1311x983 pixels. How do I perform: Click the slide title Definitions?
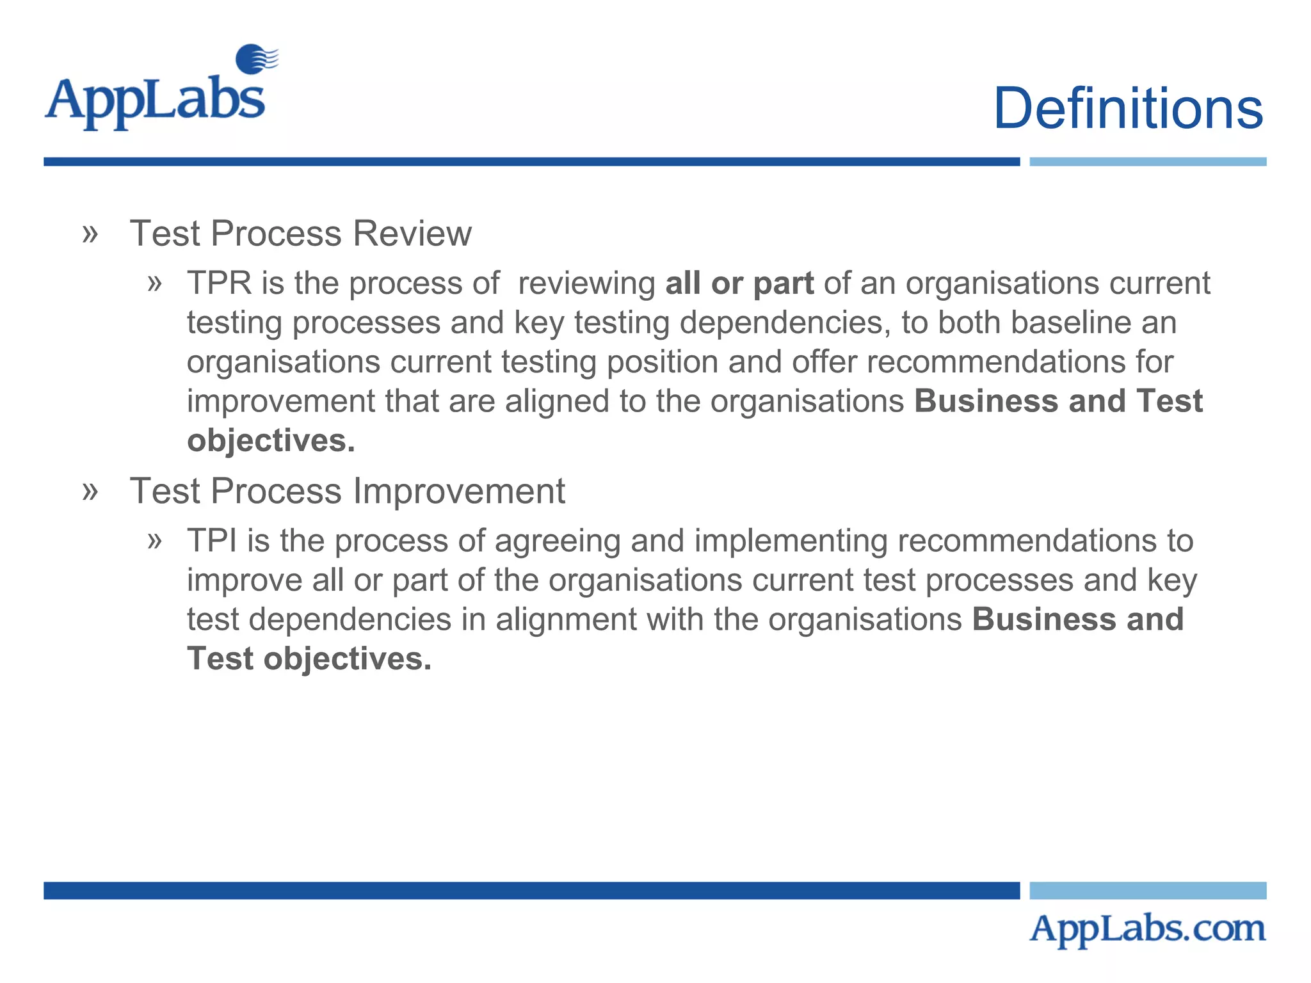pos(1127,108)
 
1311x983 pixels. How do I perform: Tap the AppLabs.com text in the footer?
pos(1147,929)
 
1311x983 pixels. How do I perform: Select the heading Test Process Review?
pos(300,233)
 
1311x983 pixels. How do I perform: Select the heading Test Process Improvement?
pos(347,491)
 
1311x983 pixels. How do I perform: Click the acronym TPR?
pos(219,283)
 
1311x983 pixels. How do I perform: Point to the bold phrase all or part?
pos(739,283)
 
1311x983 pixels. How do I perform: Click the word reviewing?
pos(586,284)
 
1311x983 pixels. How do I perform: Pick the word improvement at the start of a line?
pos(281,401)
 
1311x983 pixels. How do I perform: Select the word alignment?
pos(566,619)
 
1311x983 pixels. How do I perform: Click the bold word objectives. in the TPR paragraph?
pos(271,441)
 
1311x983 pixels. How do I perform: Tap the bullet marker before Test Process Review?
pos(90,234)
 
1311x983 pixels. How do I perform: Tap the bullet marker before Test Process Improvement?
pos(90,491)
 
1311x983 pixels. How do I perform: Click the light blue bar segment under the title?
pos(1147,162)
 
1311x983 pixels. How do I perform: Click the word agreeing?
pos(558,541)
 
